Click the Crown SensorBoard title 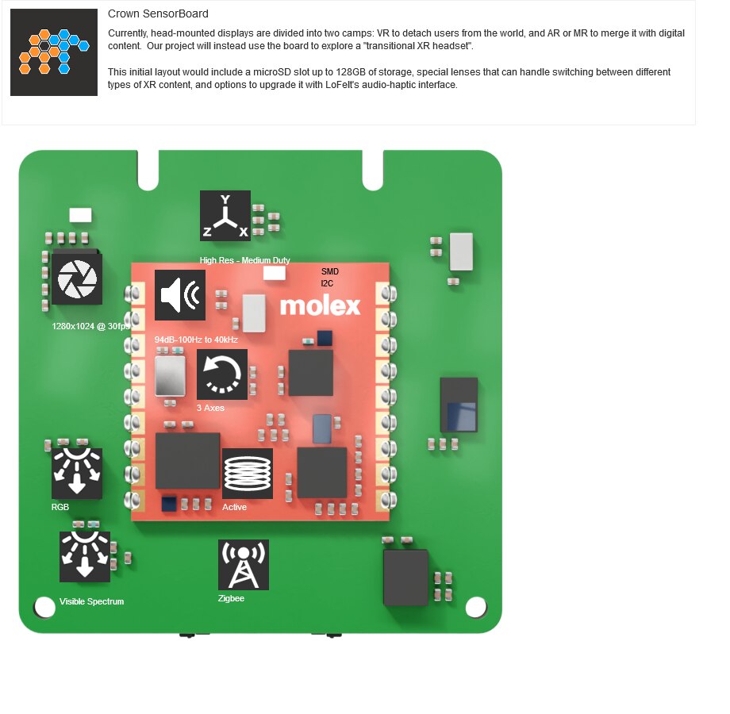click(158, 14)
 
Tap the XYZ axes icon click(225, 216)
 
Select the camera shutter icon click(77, 279)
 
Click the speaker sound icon click(179, 295)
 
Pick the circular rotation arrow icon click(222, 374)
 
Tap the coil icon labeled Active click(248, 474)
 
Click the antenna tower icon click(244, 565)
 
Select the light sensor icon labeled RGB click(77, 474)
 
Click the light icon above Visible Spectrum click(85, 557)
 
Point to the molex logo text click(320, 305)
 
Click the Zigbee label click(231, 598)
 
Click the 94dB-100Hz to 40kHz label click(196, 340)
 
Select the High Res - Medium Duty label click(245, 260)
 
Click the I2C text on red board click(327, 283)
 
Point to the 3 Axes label click(210, 408)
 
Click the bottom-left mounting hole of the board click(44, 607)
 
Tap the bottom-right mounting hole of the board click(476, 607)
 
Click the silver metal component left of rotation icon click(170, 376)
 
